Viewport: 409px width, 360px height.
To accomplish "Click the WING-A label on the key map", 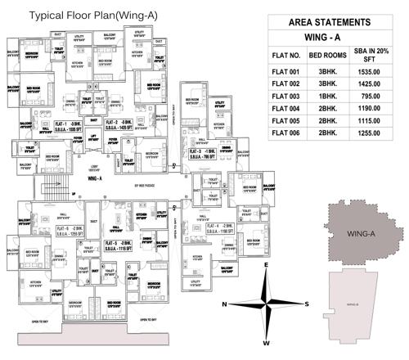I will click(361, 236).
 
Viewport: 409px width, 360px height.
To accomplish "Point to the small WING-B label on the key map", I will click(353, 304).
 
